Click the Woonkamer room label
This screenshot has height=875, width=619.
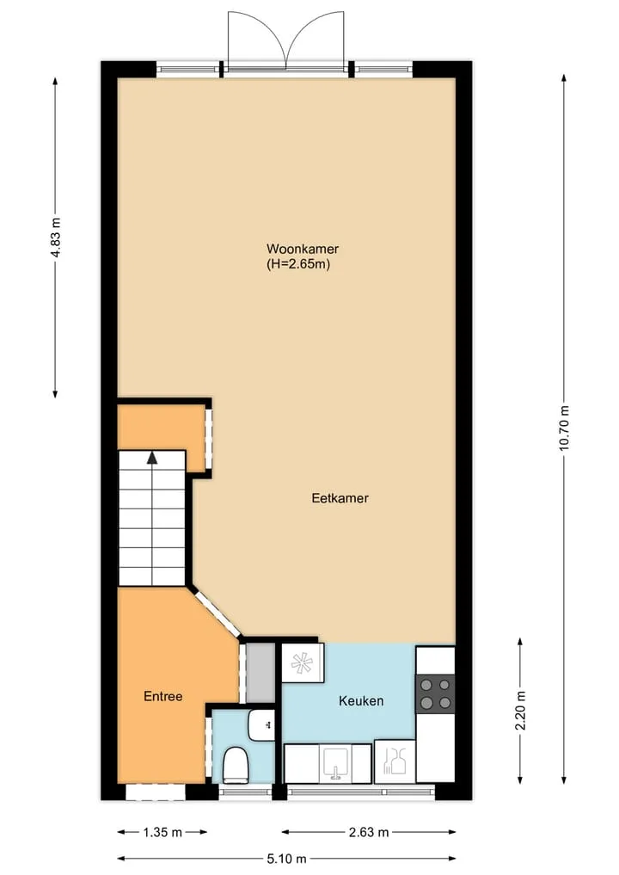tap(303, 249)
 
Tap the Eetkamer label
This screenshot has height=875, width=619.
tap(340, 498)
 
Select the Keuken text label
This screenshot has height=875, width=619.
tap(361, 700)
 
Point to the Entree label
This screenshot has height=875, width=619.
tap(162, 696)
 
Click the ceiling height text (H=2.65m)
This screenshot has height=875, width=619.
tap(298, 264)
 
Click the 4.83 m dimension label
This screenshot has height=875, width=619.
tap(55, 237)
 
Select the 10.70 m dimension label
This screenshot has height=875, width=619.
tap(564, 428)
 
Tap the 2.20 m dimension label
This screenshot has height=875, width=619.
tap(520, 710)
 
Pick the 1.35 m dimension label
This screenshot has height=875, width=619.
tap(162, 833)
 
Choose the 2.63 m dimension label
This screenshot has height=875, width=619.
tap(369, 833)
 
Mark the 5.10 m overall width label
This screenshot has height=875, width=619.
tap(286, 859)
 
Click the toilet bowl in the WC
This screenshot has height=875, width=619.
tap(236, 765)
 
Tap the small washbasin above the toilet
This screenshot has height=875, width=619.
tap(261, 725)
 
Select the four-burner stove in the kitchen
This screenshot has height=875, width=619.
tap(436, 693)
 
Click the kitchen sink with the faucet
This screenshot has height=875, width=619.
tap(335, 763)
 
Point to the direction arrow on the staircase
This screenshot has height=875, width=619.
tap(151, 458)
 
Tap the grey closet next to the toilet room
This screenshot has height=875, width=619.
tap(260, 673)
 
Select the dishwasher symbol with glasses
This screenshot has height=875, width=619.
tap(395, 761)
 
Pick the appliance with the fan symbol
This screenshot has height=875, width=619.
tap(303, 662)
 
